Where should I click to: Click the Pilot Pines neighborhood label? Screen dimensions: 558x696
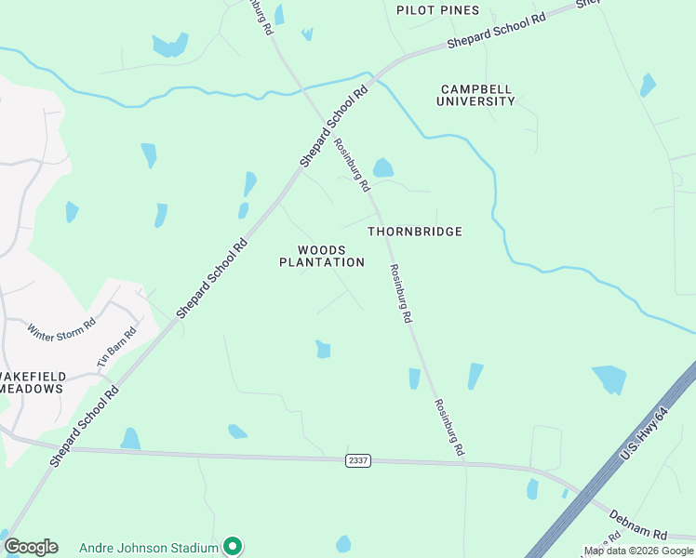[437, 10]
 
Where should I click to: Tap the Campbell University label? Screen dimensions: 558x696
[477, 95]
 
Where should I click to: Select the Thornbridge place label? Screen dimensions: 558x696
[414, 231]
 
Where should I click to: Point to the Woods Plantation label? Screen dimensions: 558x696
[322, 256]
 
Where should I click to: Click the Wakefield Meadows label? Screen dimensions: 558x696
[32, 382]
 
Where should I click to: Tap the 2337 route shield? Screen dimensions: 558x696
[358, 460]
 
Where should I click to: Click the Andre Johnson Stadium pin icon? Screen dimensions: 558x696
[233, 546]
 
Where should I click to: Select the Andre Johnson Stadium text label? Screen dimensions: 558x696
[149, 547]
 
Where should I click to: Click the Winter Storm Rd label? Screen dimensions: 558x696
[61, 330]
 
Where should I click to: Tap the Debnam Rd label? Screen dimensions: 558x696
[638, 525]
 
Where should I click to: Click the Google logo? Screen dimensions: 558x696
[31, 547]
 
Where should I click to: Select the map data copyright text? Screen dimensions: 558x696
[639, 551]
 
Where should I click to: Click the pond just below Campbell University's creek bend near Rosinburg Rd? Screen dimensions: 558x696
[382, 167]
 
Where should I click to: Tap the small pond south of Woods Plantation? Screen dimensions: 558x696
[323, 349]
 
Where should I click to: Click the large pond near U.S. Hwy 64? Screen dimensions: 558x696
[610, 379]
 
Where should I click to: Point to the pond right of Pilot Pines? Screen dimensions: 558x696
[648, 86]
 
